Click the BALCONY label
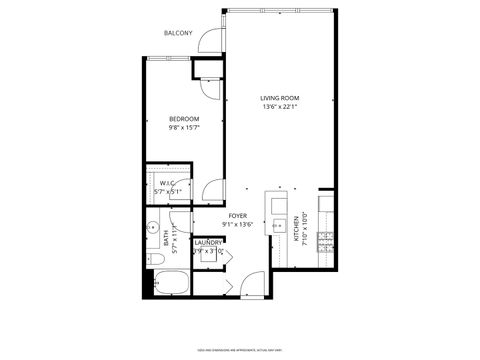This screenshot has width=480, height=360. pyautogui.click(x=179, y=34)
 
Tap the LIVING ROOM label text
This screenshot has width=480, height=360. pyautogui.click(x=280, y=98)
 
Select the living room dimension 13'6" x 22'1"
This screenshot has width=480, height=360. pyautogui.click(x=280, y=108)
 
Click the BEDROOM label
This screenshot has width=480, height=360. pyautogui.click(x=183, y=120)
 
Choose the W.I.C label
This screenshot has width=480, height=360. pyautogui.click(x=167, y=183)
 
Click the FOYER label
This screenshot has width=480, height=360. pyautogui.click(x=237, y=216)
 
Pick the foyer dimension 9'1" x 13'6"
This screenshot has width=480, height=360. pyautogui.click(x=237, y=225)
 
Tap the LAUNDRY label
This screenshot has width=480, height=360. pyautogui.click(x=208, y=242)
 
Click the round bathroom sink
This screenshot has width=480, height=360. pyautogui.click(x=153, y=226)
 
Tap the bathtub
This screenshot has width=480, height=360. pyautogui.click(x=167, y=284)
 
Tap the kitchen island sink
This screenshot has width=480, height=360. pyautogui.click(x=276, y=227)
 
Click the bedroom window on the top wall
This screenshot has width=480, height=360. pyautogui.click(x=166, y=59)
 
